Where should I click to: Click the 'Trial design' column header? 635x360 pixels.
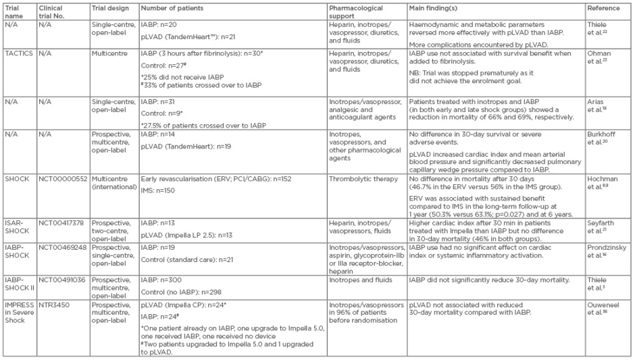pos(109,9)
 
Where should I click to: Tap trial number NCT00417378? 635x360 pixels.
pos(63,221)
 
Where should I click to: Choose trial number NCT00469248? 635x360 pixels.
pos(63,248)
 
